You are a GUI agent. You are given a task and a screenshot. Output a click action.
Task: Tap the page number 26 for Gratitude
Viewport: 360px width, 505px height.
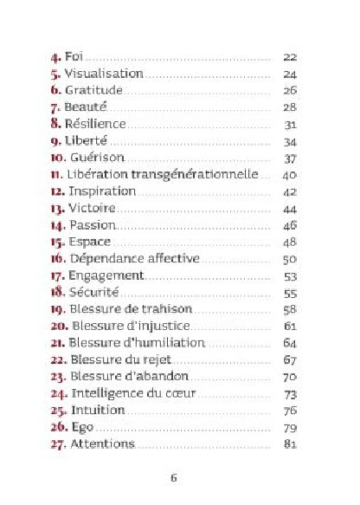tap(290, 90)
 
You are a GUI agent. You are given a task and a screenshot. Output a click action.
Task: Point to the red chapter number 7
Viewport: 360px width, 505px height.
tap(55, 107)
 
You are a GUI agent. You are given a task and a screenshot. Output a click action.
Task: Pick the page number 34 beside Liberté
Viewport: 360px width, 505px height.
tap(290, 140)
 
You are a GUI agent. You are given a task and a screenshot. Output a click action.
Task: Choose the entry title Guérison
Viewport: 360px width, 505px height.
tap(97, 158)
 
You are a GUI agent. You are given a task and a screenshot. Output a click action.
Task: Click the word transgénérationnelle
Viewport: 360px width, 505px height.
tap(207, 174)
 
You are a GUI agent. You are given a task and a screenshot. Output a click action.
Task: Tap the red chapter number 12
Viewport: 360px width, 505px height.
tap(56, 191)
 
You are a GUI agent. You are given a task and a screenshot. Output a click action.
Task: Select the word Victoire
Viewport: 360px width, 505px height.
tap(91, 208)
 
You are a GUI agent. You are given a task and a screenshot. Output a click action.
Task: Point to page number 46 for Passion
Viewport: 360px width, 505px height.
tap(290, 224)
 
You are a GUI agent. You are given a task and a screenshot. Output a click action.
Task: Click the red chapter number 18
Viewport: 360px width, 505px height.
tap(56, 292)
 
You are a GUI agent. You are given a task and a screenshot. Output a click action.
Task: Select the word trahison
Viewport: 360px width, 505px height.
tap(168, 309)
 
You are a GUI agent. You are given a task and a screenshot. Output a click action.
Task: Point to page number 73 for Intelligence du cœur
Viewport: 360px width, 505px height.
tap(290, 393)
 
